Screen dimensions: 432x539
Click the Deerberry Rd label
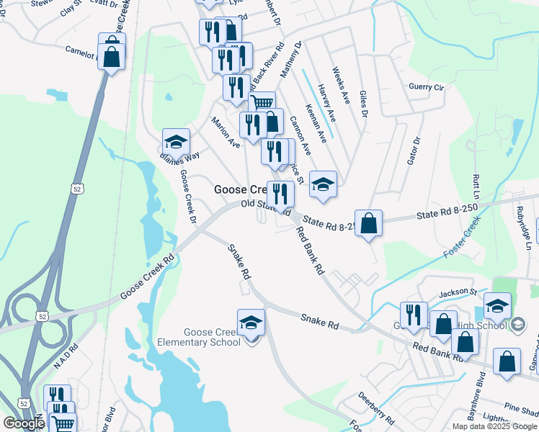[x=375, y=408]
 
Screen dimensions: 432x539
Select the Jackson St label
[x=459, y=292]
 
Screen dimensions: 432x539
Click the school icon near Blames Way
[x=176, y=141]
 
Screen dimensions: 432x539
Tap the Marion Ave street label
[x=225, y=132]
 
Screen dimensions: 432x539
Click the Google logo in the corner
[x=24, y=423]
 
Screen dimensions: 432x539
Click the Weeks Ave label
[x=340, y=85]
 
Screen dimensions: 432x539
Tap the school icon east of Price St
[x=323, y=184]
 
